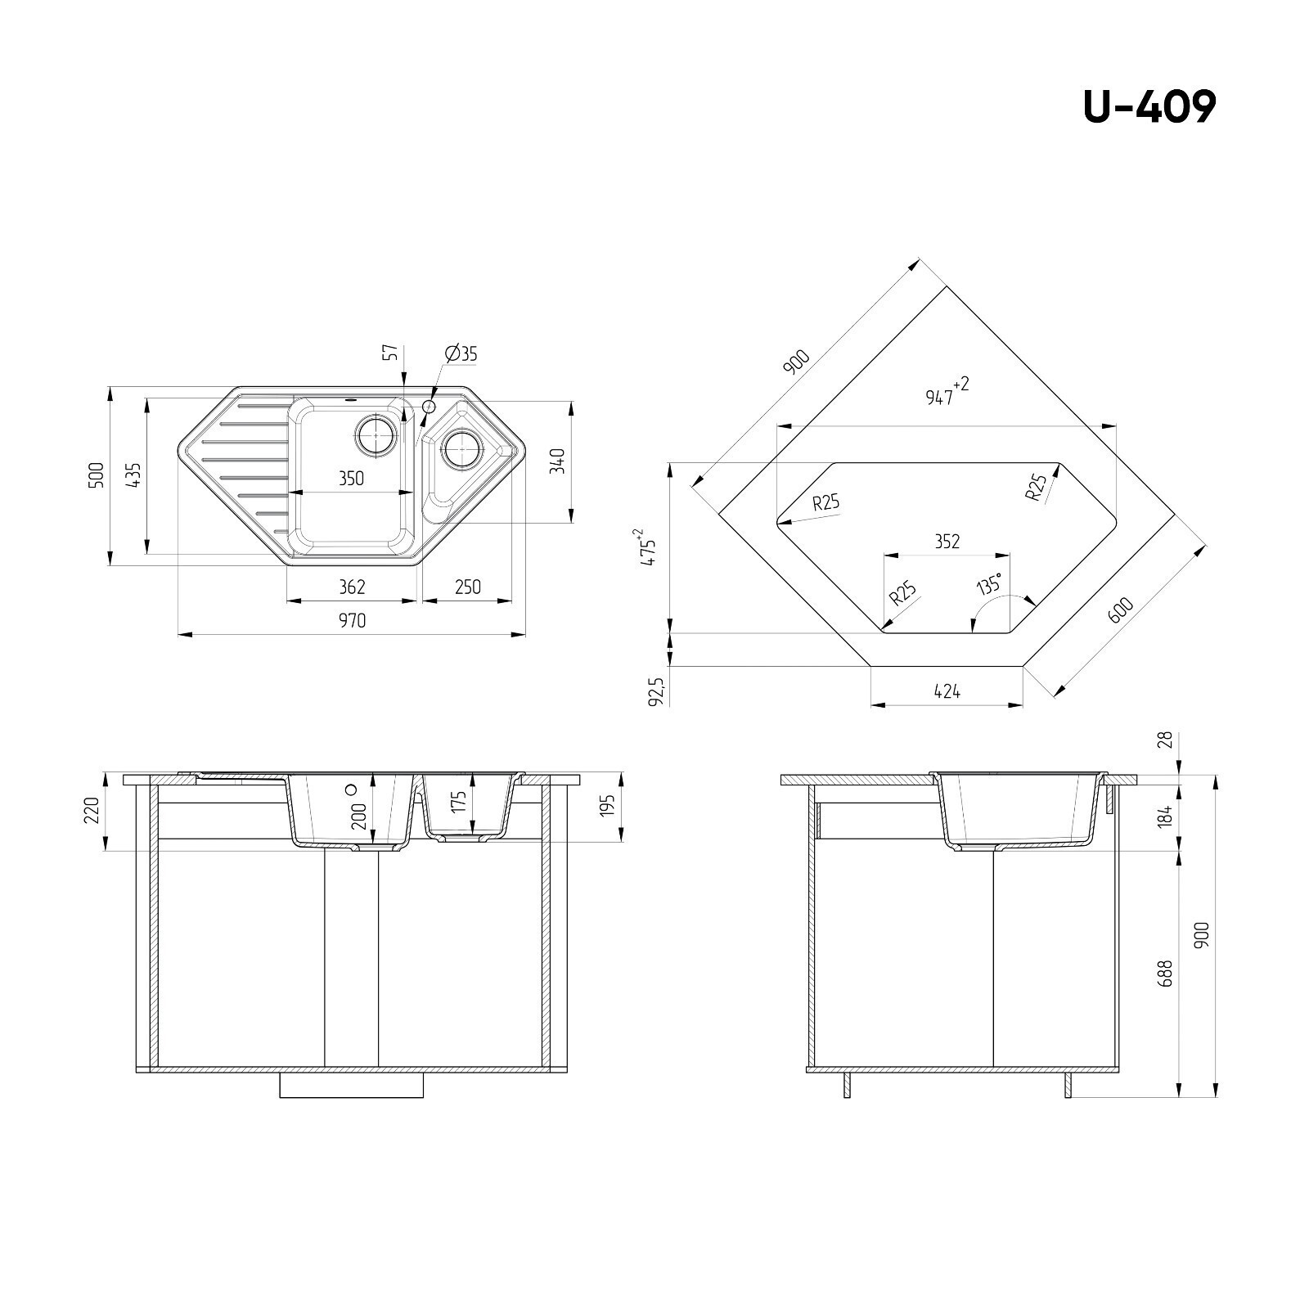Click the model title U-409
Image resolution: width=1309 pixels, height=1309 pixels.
click(1149, 106)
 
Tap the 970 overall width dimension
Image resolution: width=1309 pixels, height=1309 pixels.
click(352, 621)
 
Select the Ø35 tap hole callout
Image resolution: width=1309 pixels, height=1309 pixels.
click(461, 353)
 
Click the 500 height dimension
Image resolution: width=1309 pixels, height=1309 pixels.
click(96, 475)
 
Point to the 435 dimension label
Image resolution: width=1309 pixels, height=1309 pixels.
click(133, 475)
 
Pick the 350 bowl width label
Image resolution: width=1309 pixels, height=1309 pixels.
click(351, 478)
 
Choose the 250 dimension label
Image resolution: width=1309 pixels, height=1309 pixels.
click(468, 587)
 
